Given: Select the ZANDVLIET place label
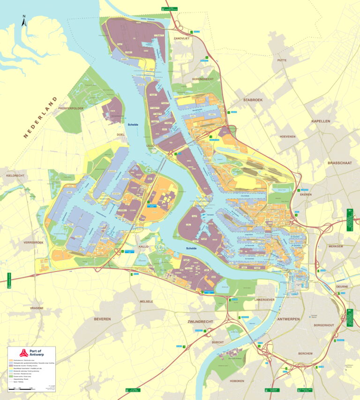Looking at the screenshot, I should point(181,38).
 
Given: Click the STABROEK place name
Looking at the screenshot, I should point(255,100).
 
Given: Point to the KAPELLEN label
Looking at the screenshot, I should point(321,121).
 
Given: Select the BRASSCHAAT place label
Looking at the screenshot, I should point(340,163).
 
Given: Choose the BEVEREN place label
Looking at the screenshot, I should point(102,319).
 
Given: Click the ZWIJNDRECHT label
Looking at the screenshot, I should point(200,322).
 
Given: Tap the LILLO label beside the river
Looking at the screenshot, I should point(151,146).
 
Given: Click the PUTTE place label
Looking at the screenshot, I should point(282,60).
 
